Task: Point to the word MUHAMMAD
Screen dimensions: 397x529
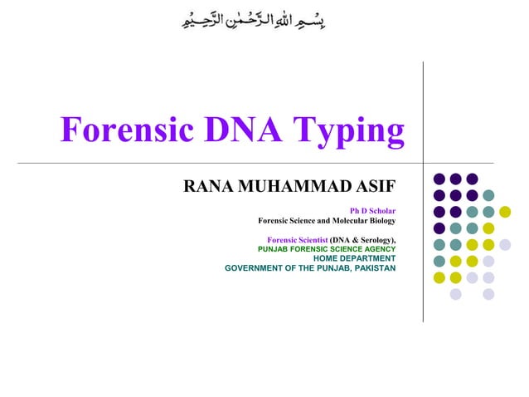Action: pos(288,186)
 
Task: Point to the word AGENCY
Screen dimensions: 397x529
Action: pos(376,248)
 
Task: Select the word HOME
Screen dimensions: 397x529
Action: pos(326,258)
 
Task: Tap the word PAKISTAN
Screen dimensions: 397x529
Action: pos(374,268)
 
